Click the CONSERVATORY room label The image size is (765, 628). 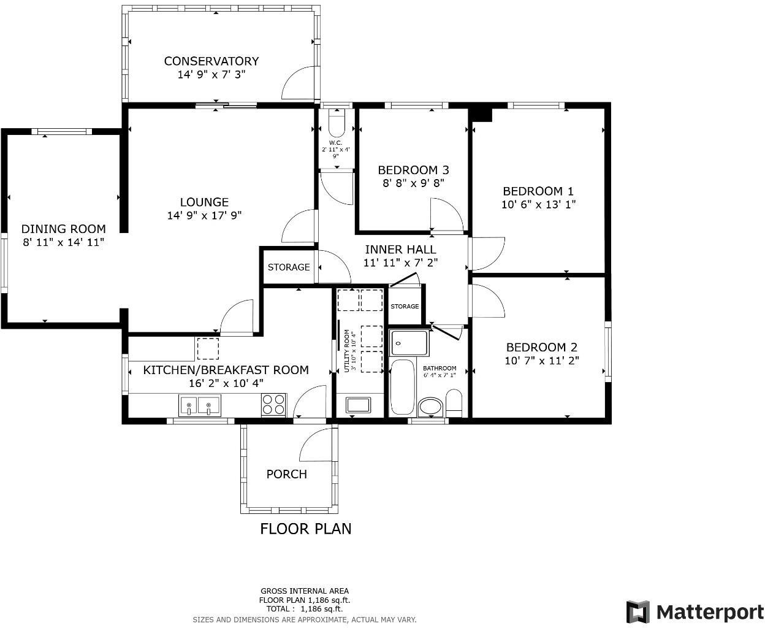coord(211,61)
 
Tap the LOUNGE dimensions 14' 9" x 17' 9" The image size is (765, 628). coord(204,215)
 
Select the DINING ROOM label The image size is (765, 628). coord(63,229)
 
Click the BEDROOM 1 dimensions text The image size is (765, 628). coord(538,204)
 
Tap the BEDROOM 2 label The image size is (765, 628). coord(541,347)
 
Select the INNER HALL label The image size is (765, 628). coord(400,249)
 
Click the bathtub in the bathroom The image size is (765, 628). coord(402,388)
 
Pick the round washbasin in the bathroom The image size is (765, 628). coord(431,406)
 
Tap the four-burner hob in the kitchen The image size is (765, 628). coord(273,405)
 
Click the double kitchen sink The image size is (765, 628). coord(199,405)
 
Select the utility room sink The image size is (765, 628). coord(358,404)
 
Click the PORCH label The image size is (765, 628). coord(286,474)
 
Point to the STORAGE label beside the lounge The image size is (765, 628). coord(288,267)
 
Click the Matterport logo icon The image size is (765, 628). coord(637,611)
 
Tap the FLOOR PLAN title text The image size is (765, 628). coord(305,529)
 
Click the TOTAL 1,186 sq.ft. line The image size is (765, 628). coord(304,609)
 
